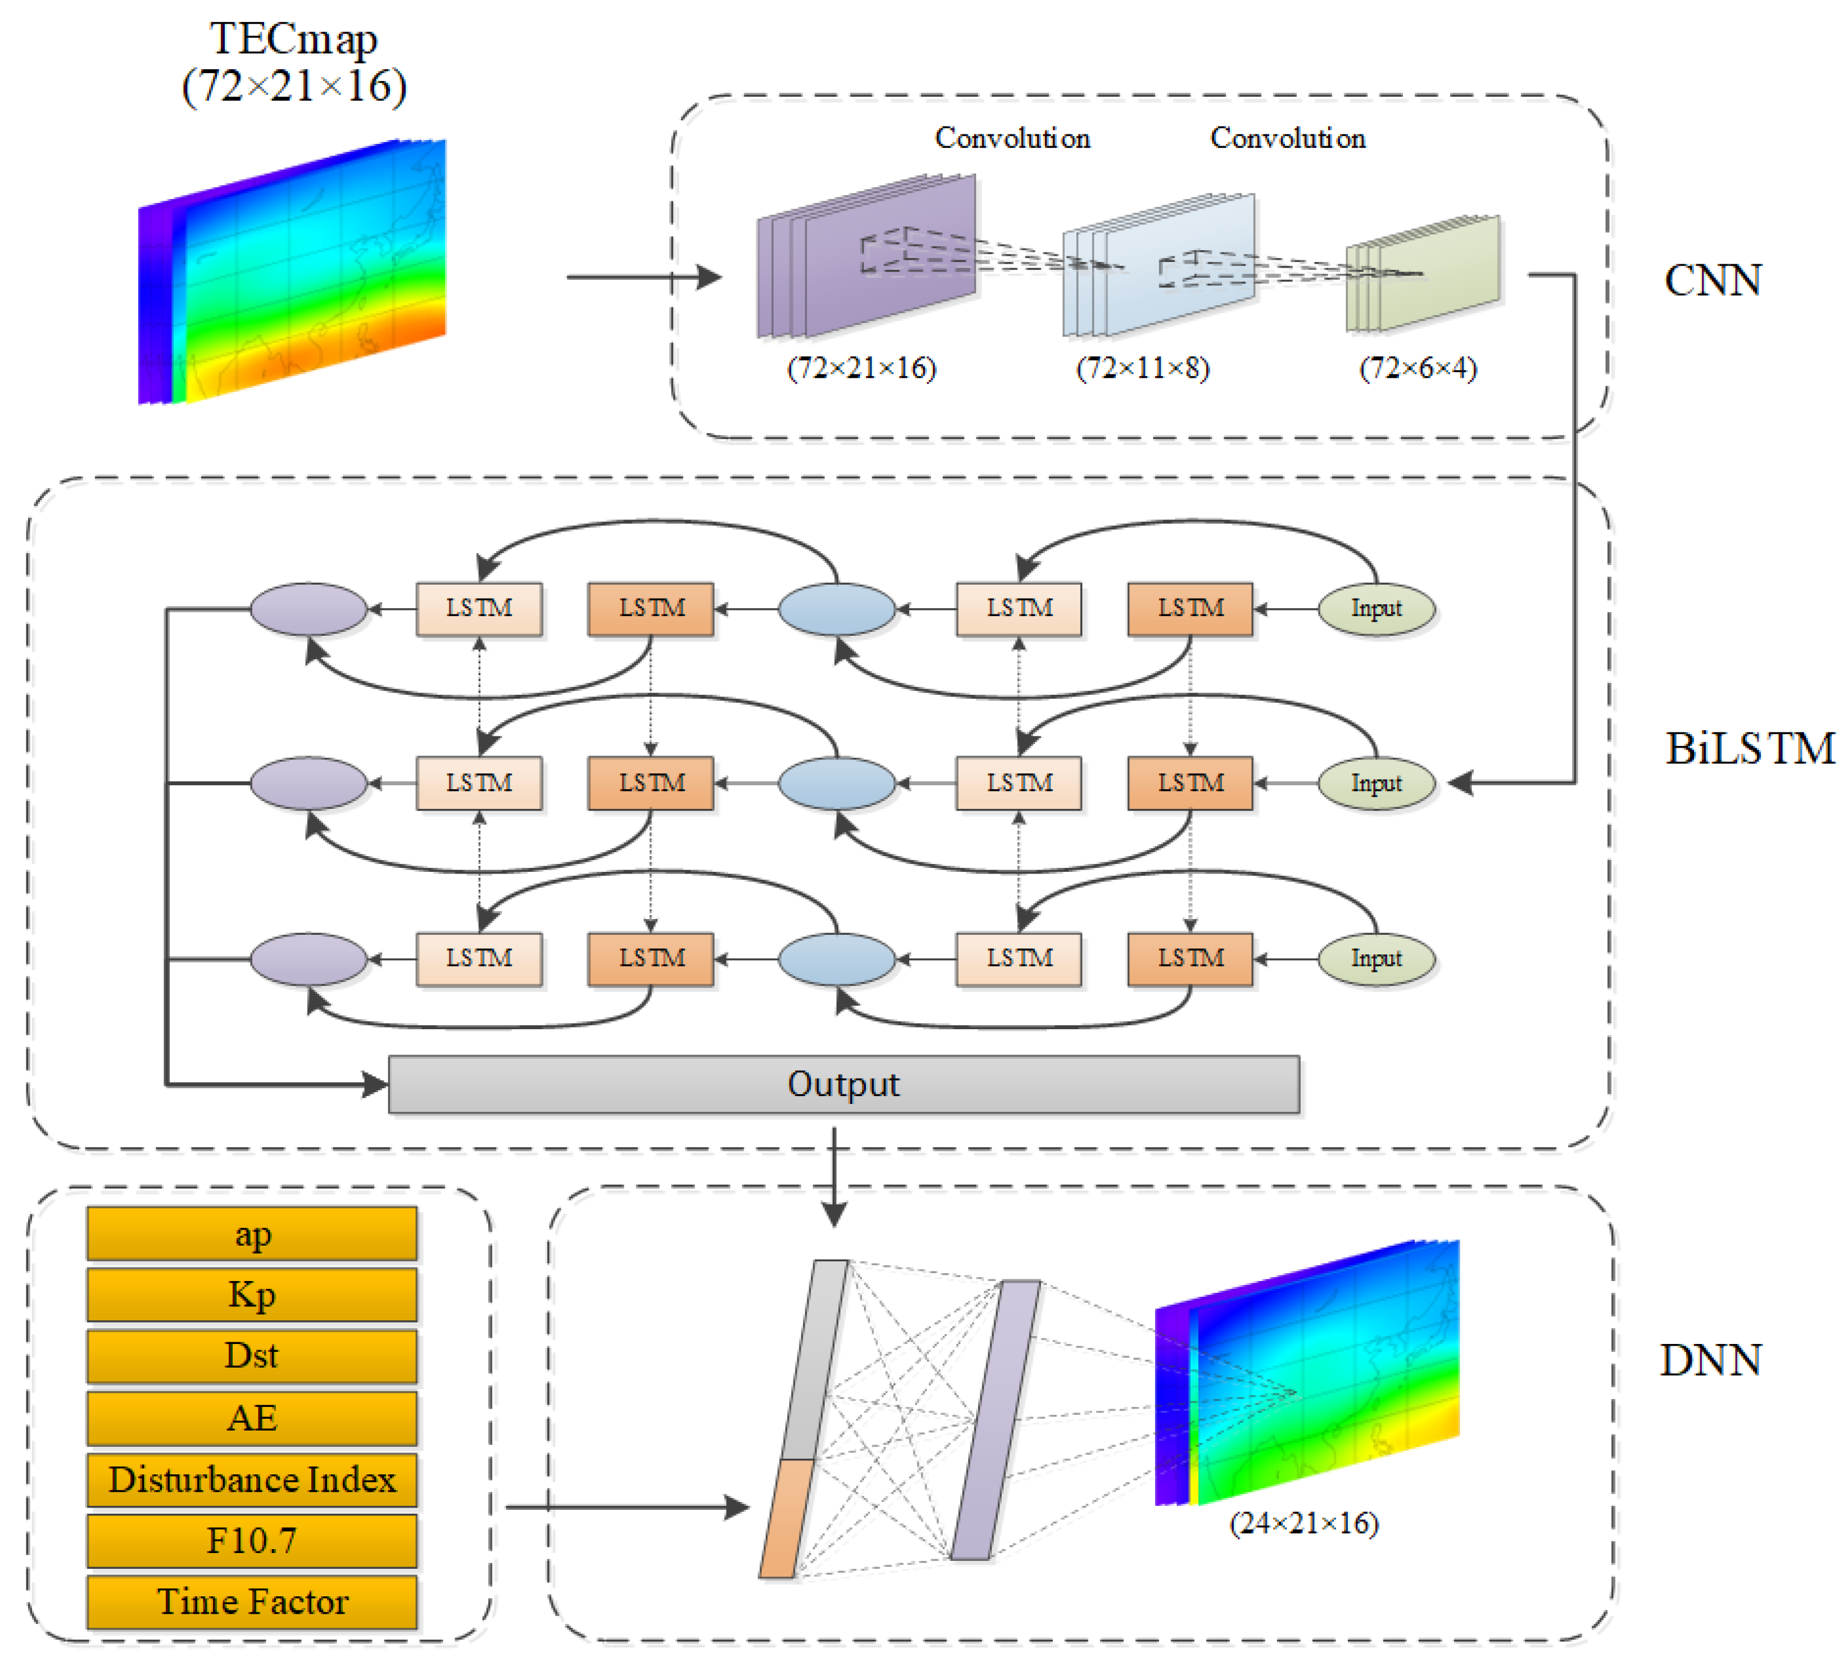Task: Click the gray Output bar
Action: tap(843, 1084)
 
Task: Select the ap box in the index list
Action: tap(252, 1234)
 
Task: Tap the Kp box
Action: tap(252, 1294)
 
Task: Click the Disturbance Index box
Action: tap(252, 1479)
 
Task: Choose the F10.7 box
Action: tap(252, 1541)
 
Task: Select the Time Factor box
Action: tap(252, 1601)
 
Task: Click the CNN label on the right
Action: tap(1712, 280)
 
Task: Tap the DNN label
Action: tap(1709, 1360)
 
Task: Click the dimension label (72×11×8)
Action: tap(1142, 368)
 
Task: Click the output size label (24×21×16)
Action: tap(1303, 1522)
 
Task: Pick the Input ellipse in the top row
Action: tap(1375, 609)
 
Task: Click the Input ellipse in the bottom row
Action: tap(1375, 958)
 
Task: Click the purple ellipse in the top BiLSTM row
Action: tap(308, 609)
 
